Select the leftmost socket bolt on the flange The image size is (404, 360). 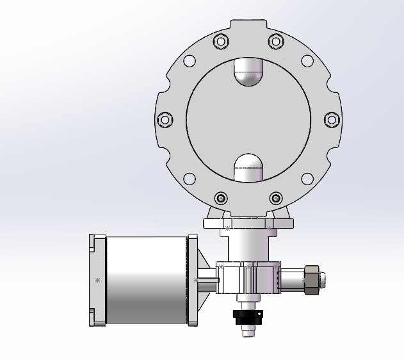point(165,119)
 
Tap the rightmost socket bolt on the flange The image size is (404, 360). point(331,119)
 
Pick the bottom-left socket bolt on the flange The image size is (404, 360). point(221,197)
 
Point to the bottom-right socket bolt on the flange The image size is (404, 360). point(275,197)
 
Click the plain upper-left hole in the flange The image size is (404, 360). point(190,61)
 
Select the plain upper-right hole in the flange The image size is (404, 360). point(307,61)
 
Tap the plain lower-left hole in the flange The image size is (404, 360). point(190,178)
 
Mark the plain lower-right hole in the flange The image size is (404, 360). point(307,178)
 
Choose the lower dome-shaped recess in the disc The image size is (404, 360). point(248,168)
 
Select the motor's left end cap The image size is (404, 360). point(96,280)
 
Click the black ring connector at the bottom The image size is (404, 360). point(248,317)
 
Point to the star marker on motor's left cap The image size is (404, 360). point(97,280)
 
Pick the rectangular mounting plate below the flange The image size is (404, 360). point(248,224)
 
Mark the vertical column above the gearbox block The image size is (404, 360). point(248,246)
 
